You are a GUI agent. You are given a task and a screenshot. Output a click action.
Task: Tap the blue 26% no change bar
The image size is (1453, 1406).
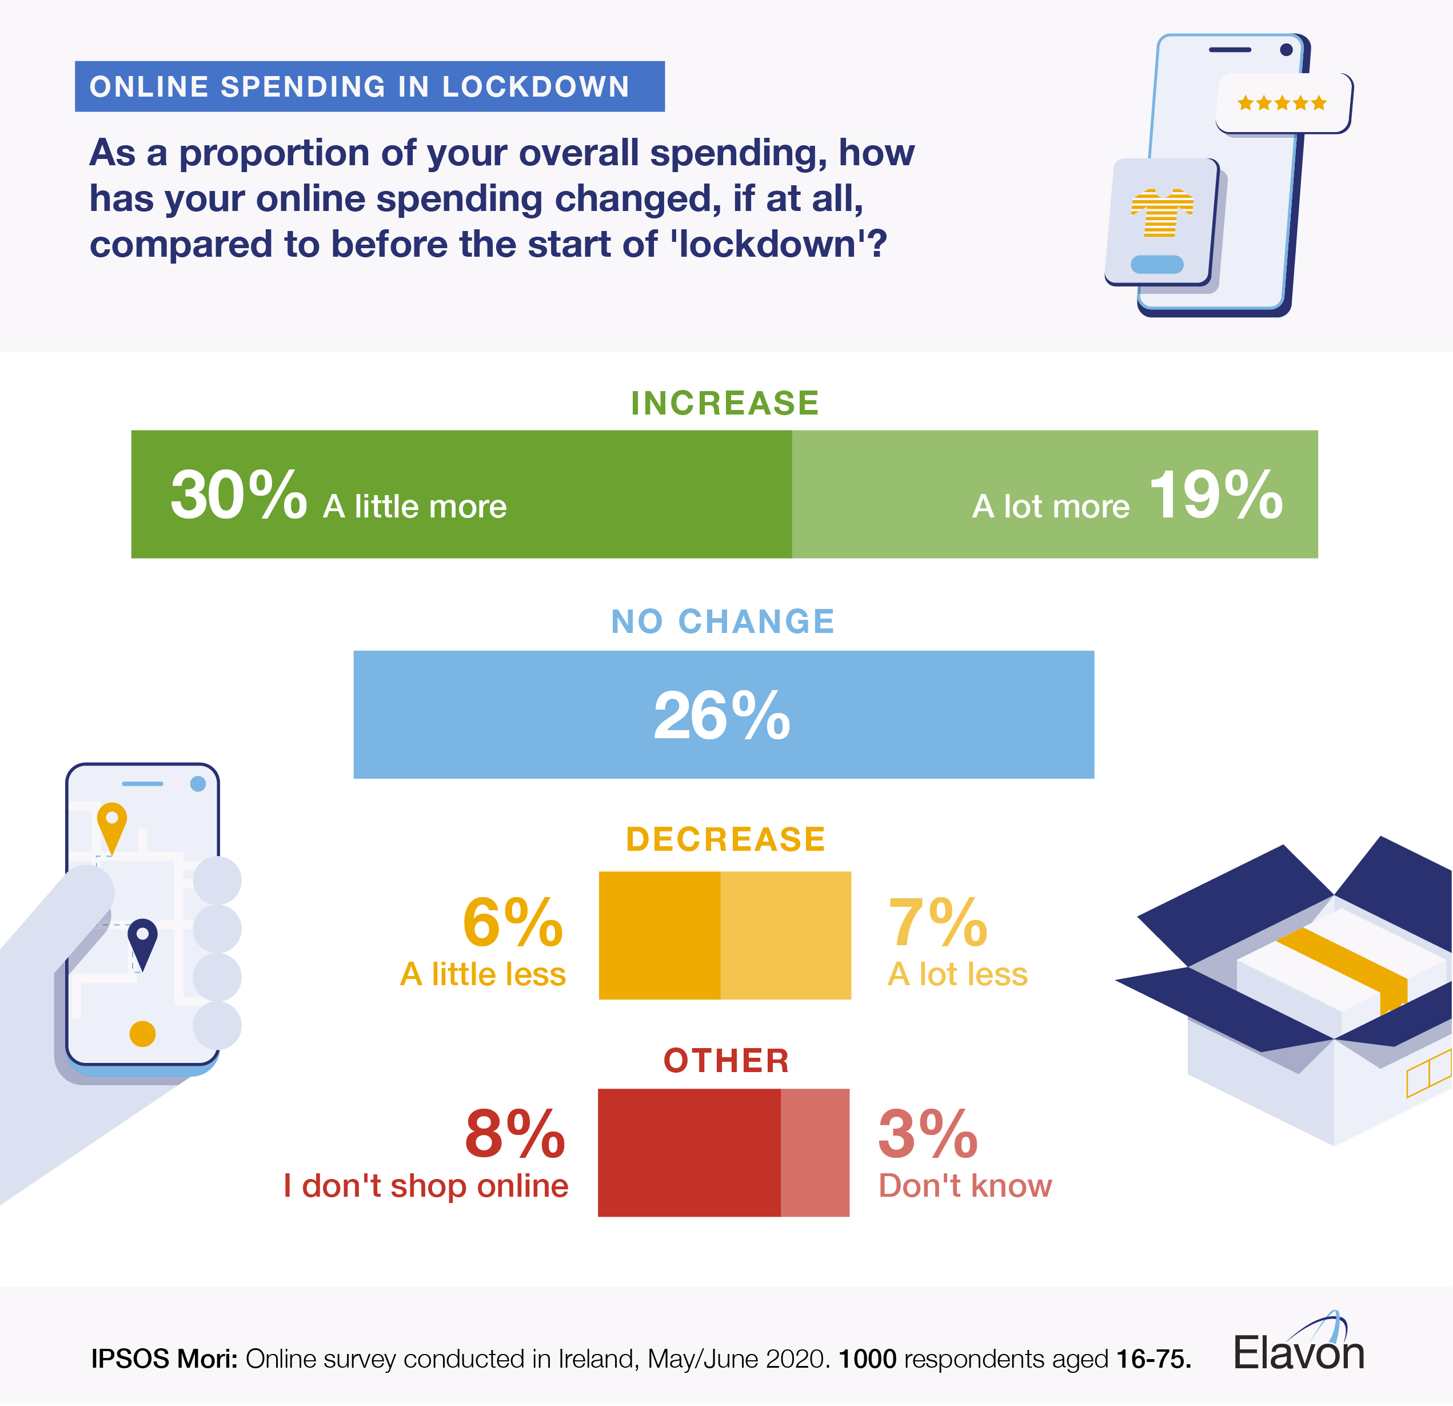point(724,714)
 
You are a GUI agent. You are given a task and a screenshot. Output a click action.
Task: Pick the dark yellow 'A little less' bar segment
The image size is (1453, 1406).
point(659,934)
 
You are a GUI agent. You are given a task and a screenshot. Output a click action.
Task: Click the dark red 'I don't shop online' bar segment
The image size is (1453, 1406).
point(689,1152)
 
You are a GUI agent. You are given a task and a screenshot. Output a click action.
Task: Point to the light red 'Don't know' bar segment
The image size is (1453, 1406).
point(815,1152)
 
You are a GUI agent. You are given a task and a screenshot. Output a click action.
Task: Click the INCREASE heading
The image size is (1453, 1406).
point(725,403)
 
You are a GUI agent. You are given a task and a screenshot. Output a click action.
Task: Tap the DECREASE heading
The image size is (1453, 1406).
point(725,839)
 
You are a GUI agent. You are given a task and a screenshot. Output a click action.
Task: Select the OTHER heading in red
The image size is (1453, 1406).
point(726,1060)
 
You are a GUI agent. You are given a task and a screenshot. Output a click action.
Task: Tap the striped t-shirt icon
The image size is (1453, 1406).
point(1161,213)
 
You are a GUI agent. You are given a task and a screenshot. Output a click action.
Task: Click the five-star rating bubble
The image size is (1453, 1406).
point(1283,103)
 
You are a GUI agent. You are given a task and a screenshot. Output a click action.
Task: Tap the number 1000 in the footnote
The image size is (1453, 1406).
point(867,1359)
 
